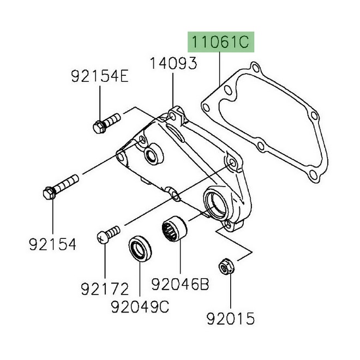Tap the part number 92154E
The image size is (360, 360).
[99, 77]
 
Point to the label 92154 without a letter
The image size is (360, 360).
[52, 243]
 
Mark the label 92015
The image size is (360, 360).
[230, 316]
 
